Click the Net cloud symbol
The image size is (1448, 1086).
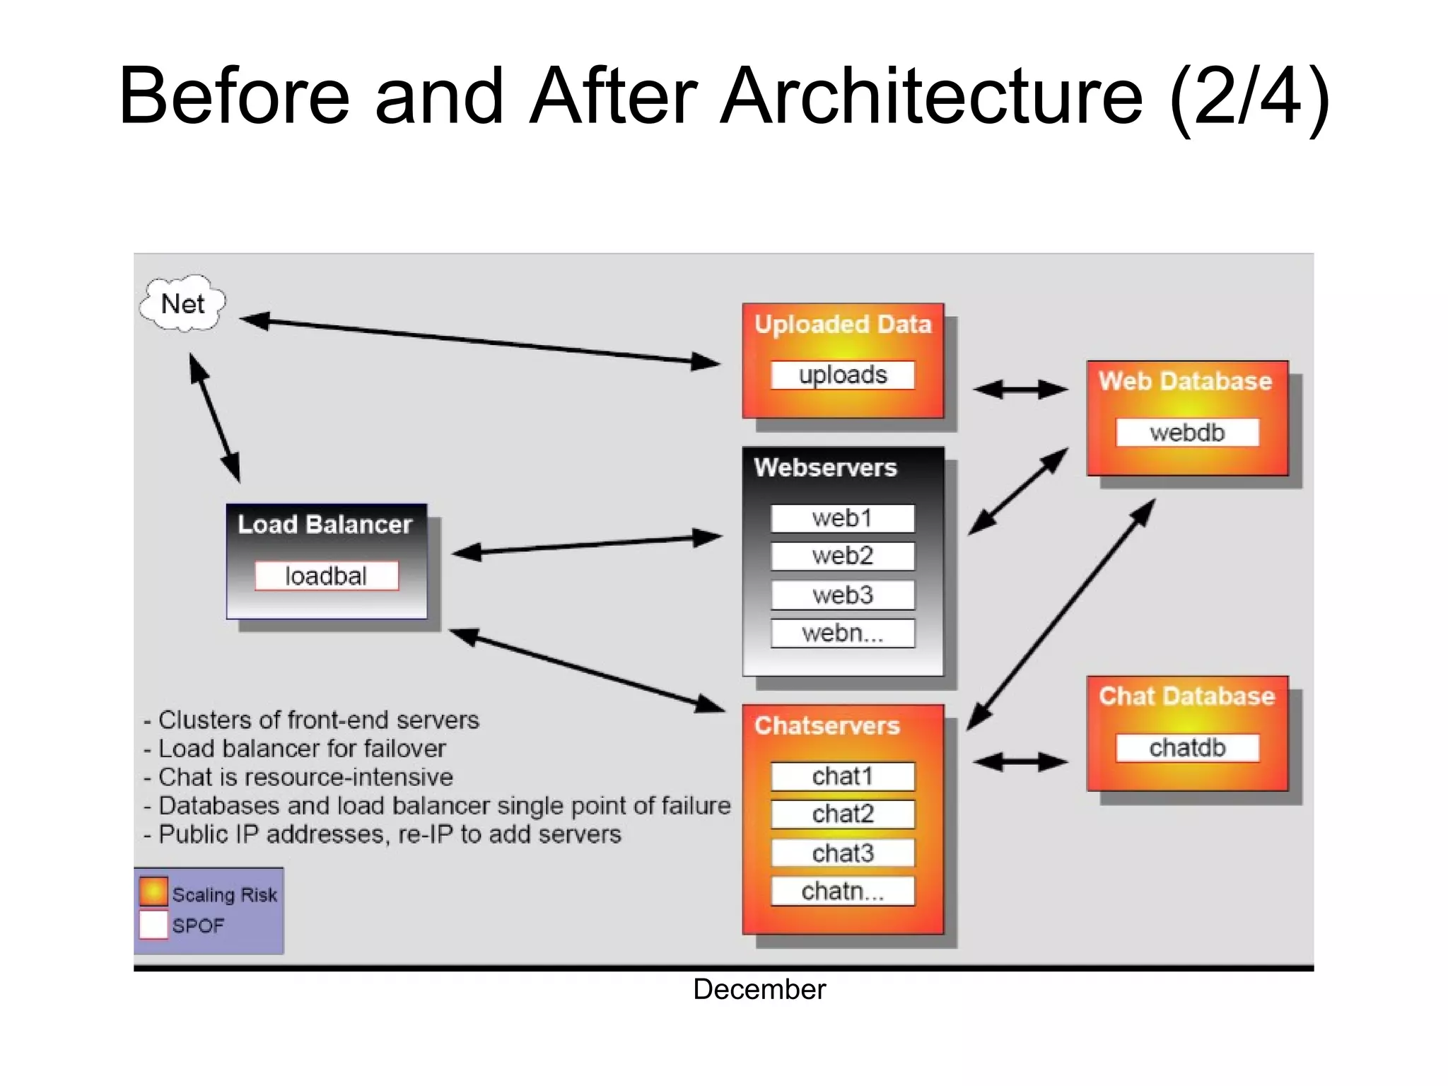pos(183,304)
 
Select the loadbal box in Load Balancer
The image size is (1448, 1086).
pos(326,576)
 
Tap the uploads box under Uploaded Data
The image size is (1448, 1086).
pos(842,375)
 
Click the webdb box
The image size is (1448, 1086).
pos(1187,432)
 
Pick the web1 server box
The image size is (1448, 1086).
pos(842,518)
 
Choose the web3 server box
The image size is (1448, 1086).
pos(842,595)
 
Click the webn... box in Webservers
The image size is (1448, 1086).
pos(842,633)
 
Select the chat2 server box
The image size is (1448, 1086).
pos(842,814)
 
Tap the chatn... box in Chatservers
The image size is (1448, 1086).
pos(842,891)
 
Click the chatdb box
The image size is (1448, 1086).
pos(1187,747)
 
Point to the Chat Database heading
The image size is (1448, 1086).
pos(1186,696)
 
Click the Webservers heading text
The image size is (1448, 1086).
pos(825,467)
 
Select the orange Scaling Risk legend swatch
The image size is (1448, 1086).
pos(153,892)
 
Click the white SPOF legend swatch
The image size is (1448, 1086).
pos(153,924)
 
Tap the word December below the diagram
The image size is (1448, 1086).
pos(759,989)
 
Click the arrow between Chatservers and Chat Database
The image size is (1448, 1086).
pos(1020,761)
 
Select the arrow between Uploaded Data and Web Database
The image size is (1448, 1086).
pos(1020,389)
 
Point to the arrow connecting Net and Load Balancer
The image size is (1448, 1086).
pos(215,418)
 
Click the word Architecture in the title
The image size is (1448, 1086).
pos(931,96)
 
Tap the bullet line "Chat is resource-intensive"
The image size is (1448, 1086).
pos(305,777)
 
